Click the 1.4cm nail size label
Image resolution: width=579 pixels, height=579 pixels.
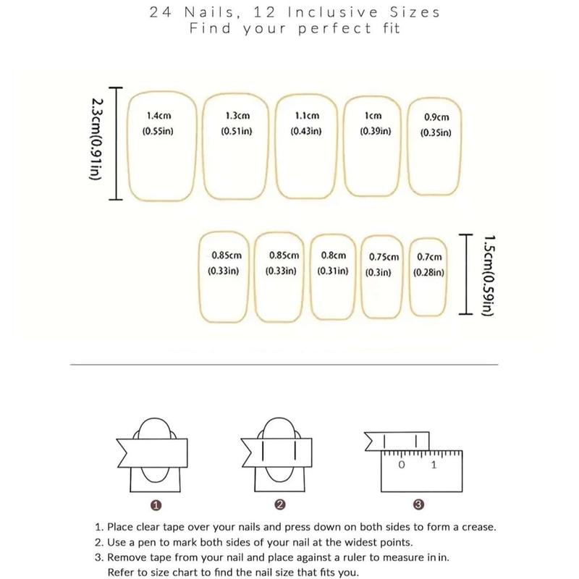[x=159, y=116]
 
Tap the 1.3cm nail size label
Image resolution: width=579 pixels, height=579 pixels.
[x=237, y=116]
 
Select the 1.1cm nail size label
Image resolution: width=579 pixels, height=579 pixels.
[x=307, y=116]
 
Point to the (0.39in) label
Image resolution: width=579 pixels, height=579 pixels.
[x=376, y=131]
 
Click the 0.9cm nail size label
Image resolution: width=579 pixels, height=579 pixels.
[x=436, y=117]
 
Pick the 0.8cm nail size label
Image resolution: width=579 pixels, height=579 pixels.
[x=334, y=255]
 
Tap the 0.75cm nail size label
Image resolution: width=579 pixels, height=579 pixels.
[x=384, y=257]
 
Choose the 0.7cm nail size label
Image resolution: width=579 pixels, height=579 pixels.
[x=429, y=257]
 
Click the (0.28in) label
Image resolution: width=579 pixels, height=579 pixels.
[x=428, y=273]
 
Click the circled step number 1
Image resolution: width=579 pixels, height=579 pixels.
[x=156, y=505]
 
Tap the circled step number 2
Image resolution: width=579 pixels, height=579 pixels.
[x=280, y=504]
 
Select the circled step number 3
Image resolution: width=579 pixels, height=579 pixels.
[x=418, y=504]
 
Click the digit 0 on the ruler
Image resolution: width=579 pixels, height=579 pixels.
[x=402, y=465]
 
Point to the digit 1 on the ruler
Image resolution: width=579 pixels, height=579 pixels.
[x=434, y=465]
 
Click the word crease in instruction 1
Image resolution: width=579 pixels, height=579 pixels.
[x=479, y=528]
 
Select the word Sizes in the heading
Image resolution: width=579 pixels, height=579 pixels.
[x=415, y=12]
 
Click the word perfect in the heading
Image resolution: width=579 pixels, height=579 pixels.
[x=334, y=29]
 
